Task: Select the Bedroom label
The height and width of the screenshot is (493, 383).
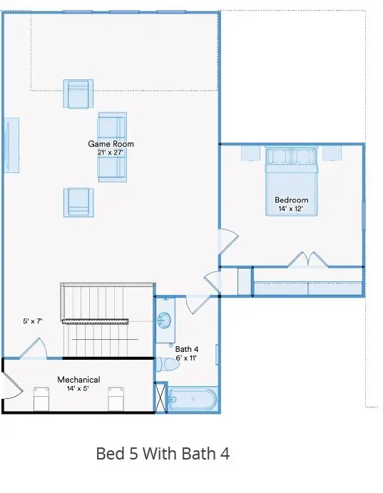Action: [292, 200]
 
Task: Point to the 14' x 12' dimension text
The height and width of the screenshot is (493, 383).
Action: [292, 209]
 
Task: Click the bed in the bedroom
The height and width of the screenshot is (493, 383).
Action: [291, 178]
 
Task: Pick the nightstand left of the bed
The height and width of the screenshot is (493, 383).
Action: [250, 153]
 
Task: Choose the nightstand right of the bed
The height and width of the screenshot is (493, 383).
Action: [332, 153]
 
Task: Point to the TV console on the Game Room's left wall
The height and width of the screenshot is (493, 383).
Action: [11, 145]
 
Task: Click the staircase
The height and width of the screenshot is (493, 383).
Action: [107, 321]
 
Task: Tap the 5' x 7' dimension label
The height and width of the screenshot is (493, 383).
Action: [33, 322]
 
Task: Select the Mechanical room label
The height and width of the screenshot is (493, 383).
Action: [78, 380]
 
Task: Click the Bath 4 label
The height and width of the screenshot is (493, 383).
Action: [187, 349]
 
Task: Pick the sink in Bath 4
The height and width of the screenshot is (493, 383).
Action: [165, 321]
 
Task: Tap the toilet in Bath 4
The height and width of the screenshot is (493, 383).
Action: [169, 365]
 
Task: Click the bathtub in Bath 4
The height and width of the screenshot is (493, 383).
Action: [192, 400]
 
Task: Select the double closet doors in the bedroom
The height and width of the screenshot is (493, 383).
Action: [307, 260]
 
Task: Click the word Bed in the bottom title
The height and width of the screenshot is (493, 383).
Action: [109, 454]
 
